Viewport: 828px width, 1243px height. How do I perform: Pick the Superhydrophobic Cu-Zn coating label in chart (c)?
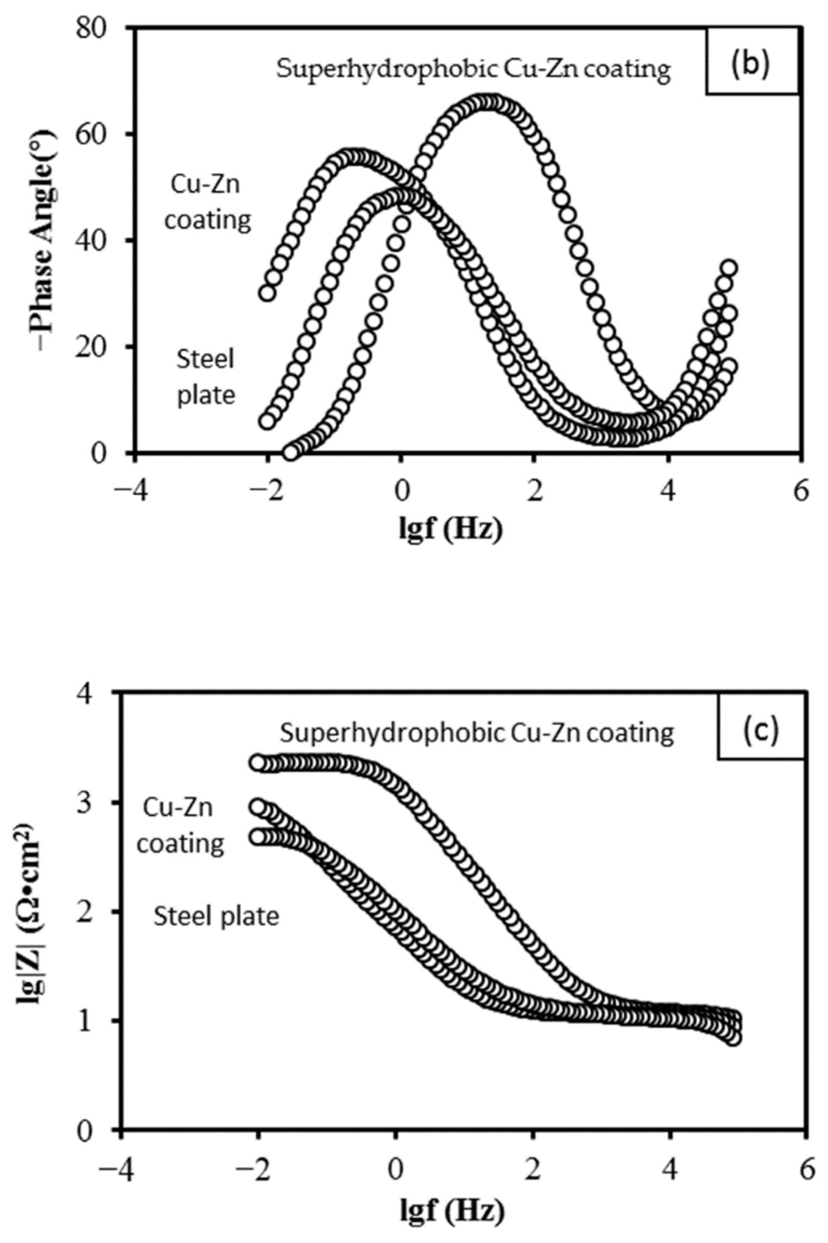pyautogui.click(x=476, y=733)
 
